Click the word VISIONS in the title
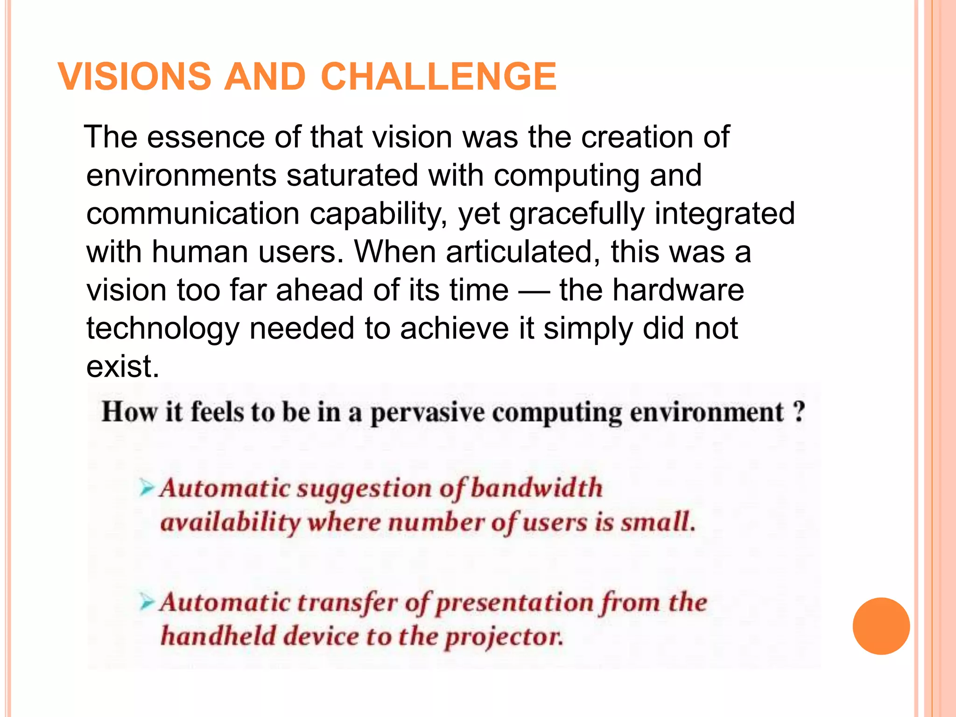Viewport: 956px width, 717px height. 135,77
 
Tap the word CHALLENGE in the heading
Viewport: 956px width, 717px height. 438,77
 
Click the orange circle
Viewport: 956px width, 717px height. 881,626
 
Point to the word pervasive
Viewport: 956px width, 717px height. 427,413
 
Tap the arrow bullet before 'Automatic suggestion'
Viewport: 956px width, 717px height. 147,488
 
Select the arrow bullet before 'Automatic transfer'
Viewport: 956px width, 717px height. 147,602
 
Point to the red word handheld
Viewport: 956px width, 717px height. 218,636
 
